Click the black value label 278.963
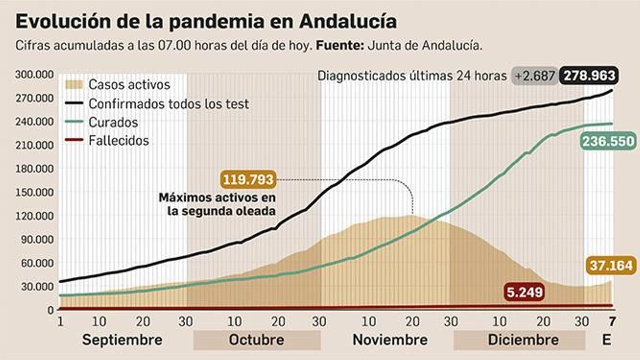pos(589,76)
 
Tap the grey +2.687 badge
pos(534,76)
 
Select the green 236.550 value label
pos(608,141)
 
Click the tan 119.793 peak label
pos(248,179)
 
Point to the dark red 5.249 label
pos(524,292)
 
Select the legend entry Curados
pos(113,122)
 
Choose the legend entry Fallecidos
pos(118,141)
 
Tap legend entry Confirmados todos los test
pos(168,104)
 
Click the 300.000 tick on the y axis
pos(34,75)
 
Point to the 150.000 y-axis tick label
pos(34,192)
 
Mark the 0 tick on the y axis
pos(50,310)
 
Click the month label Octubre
pos(256,340)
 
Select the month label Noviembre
pos(390,340)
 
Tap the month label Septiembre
pos(122,340)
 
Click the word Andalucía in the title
pos(348,22)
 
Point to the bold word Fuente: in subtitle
pos(340,45)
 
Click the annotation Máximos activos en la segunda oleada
pos(217,204)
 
